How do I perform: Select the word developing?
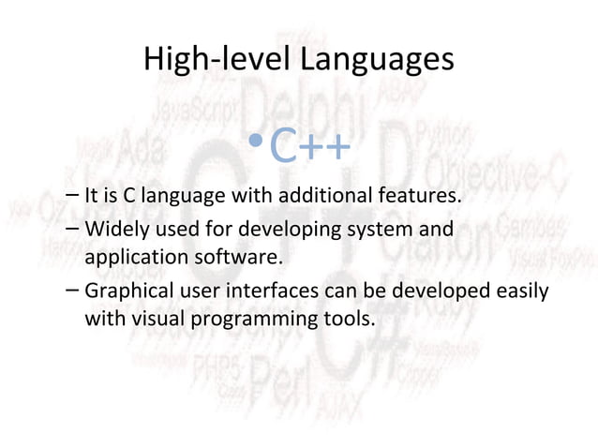click(266, 230)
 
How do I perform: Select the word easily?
click(521, 291)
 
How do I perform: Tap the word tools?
click(351, 318)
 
